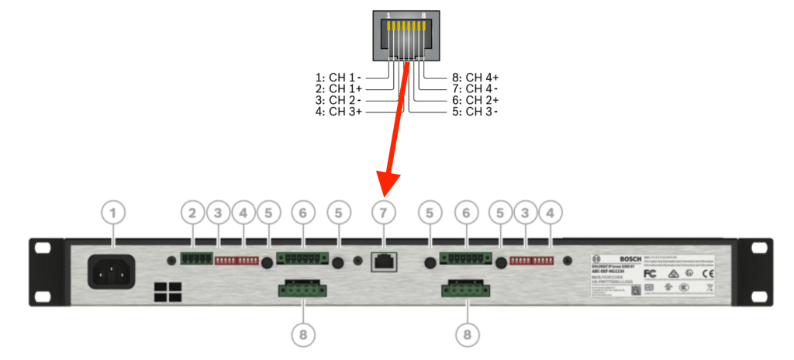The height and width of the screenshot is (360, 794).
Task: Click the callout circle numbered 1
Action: pos(115,211)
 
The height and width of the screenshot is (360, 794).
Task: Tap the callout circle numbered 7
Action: pos(383,211)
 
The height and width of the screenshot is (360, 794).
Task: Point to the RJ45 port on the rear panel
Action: pos(383,262)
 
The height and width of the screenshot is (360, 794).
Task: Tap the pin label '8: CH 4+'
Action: pos(475,78)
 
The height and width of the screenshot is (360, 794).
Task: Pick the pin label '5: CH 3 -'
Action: pos(475,112)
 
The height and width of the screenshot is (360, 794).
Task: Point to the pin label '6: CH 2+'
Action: pos(475,101)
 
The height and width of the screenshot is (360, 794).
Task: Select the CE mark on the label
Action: pos(708,274)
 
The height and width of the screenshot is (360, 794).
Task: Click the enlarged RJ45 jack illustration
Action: pos(406,35)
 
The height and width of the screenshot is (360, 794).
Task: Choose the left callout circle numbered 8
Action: pos(302,334)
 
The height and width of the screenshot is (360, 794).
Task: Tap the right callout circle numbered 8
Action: pos(467,334)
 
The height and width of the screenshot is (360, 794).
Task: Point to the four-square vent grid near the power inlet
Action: pos(167,292)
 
